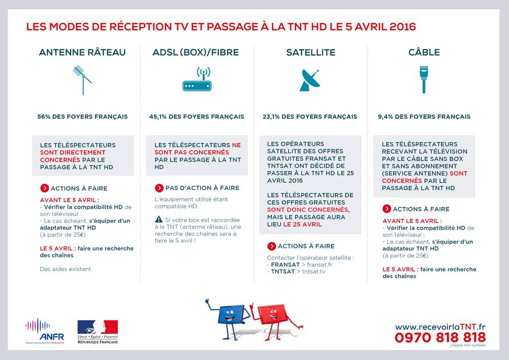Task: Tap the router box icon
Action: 197,81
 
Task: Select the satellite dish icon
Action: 310,80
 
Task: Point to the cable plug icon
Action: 424,79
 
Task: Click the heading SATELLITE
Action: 311,52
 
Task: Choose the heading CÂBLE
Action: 424,52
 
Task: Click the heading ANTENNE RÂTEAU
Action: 82,52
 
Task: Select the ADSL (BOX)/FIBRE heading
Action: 196,52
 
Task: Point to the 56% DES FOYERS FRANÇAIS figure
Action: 83,117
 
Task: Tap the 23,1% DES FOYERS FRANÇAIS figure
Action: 310,117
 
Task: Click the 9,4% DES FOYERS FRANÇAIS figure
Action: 424,117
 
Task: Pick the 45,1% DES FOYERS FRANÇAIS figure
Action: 196,117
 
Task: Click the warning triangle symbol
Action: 159,219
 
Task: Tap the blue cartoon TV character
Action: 229,316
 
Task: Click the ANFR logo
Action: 45,331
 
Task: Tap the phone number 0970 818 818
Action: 440,337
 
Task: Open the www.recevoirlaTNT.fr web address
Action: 440,327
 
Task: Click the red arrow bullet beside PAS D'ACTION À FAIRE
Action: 159,188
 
